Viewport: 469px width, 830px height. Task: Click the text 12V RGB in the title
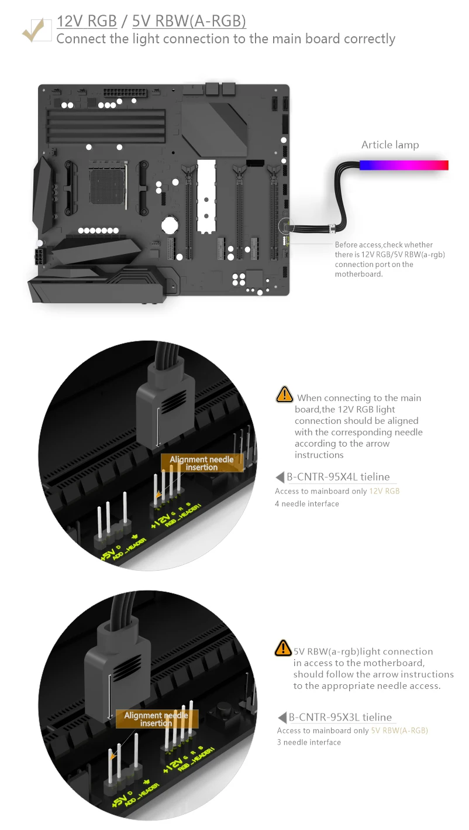click(x=87, y=22)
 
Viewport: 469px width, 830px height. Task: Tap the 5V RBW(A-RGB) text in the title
click(x=189, y=22)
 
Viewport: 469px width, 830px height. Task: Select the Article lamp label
click(x=390, y=145)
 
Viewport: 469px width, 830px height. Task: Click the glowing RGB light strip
click(x=404, y=165)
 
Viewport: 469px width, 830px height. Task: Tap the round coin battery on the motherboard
click(x=169, y=224)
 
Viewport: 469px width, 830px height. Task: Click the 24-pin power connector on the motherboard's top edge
click(x=121, y=93)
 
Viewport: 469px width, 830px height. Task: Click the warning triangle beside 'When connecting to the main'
click(x=284, y=395)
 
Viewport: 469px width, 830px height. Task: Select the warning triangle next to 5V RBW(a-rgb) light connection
click(x=283, y=648)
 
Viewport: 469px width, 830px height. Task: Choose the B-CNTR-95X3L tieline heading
click(x=340, y=718)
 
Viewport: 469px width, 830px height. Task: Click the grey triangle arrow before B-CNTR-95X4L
click(x=280, y=478)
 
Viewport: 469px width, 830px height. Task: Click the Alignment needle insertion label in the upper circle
click(x=201, y=463)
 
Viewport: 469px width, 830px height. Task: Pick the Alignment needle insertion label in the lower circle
click(x=157, y=719)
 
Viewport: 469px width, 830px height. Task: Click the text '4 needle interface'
click(x=307, y=503)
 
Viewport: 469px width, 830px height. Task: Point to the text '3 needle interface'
click(x=309, y=742)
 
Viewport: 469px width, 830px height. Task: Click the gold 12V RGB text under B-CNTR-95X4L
click(x=384, y=491)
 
